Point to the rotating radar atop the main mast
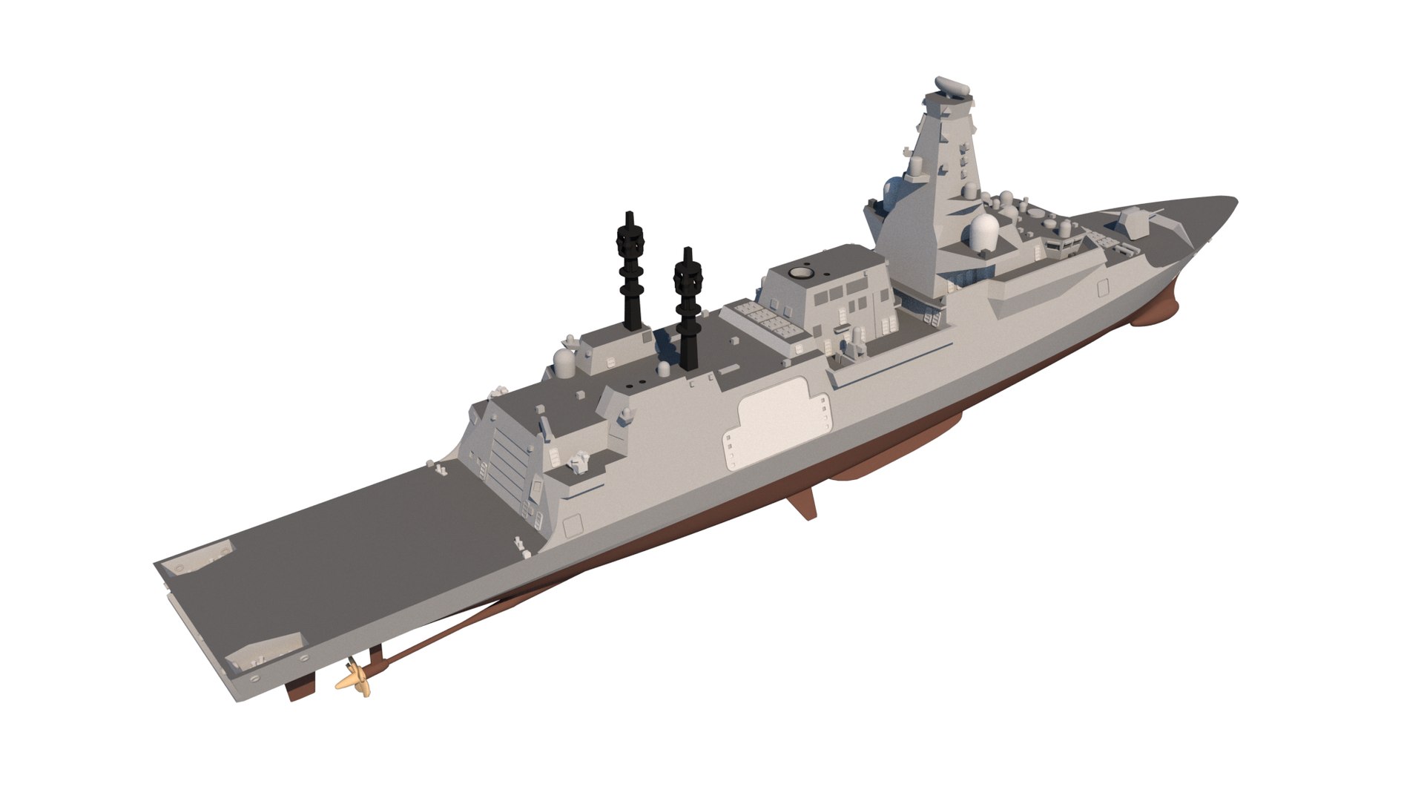[x=952, y=88]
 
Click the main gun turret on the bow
[x=1133, y=221]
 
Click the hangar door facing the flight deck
[x=497, y=452]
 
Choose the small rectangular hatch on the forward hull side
[x=1102, y=289]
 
